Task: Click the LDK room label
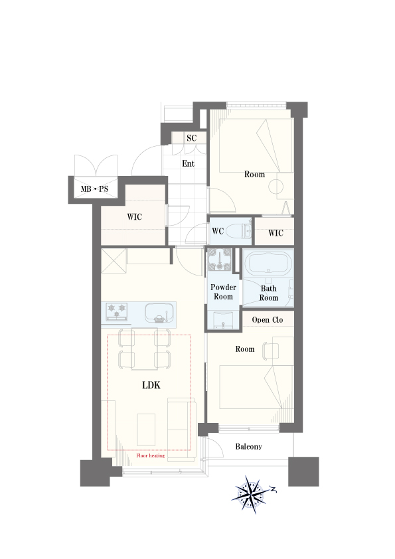(x=151, y=385)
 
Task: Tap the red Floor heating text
(x=151, y=455)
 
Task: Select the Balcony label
(x=248, y=446)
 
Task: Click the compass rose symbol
(x=253, y=495)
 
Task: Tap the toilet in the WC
(x=239, y=230)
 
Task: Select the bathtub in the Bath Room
(x=268, y=264)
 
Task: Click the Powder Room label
(x=223, y=292)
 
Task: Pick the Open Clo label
(x=268, y=320)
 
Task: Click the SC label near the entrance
(x=191, y=138)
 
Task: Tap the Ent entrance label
(x=189, y=163)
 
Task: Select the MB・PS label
(x=94, y=189)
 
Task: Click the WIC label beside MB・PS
(x=134, y=216)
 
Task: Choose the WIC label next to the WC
(x=276, y=233)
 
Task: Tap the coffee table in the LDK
(x=146, y=430)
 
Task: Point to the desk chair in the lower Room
(x=270, y=351)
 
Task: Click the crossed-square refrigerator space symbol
(x=114, y=261)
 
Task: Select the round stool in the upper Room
(x=276, y=187)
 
